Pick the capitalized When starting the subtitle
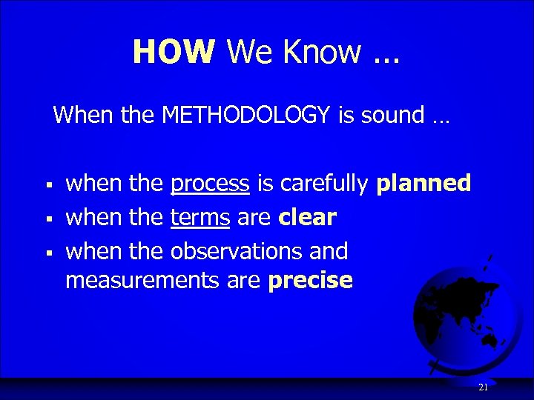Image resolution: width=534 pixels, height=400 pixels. [80, 115]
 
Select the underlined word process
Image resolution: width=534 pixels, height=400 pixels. [210, 184]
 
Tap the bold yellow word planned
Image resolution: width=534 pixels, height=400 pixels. [423, 184]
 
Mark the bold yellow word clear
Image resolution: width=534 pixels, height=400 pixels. [308, 218]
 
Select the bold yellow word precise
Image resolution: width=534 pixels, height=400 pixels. [311, 281]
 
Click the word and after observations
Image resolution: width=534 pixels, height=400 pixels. [329, 251]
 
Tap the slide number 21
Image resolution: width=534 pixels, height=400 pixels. [483, 387]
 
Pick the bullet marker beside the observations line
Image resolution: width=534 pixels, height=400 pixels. [47, 253]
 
